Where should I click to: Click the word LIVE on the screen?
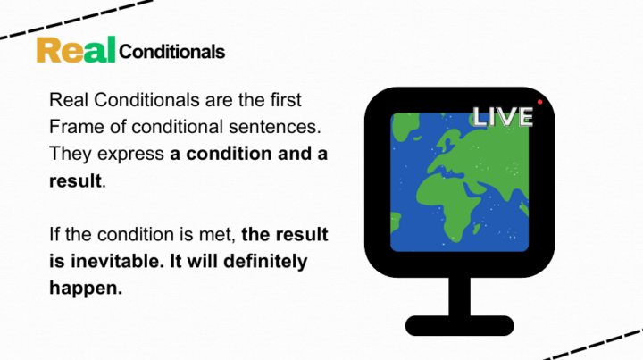(503, 116)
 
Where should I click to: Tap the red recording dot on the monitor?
(539, 102)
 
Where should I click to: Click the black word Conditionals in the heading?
(171, 52)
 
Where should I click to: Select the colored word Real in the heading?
(76, 50)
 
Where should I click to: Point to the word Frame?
(77, 127)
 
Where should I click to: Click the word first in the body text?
(286, 100)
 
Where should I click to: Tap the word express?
(130, 155)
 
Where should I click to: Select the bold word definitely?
(265, 262)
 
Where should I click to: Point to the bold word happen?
(86, 289)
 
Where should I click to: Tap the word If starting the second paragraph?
(54, 234)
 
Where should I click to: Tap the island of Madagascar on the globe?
(477, 229)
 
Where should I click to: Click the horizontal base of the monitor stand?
(459, 325)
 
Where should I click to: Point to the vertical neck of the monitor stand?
(459, 296)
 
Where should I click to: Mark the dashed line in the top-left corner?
(76, 20)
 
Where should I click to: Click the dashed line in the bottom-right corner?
(593, 345)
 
